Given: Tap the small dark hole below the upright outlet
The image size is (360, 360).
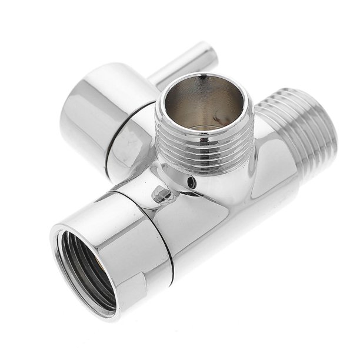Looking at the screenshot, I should coord(191,183).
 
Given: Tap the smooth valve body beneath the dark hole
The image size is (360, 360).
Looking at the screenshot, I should coord(206,224).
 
